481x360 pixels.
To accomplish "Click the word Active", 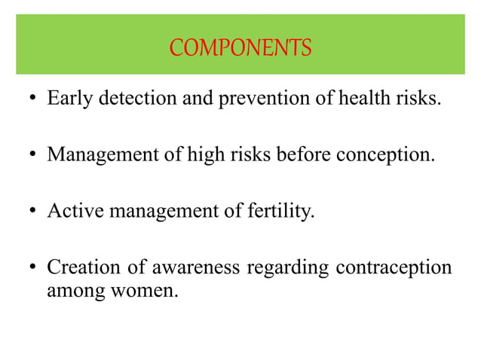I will point(76,212).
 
